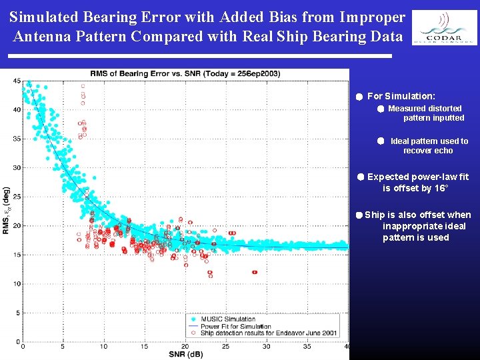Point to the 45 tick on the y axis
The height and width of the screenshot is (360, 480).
tap(17, 81)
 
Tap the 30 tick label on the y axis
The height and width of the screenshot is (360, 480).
tap(17, 167)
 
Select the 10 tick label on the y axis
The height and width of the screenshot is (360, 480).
tap(17, 284)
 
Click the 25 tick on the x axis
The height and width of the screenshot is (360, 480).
tap(225, 346)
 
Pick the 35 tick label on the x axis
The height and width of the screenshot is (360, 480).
tap(307, 346)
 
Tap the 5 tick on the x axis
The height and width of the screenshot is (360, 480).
tap(63, 346)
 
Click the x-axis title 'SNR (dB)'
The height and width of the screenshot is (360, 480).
tap(186, 354)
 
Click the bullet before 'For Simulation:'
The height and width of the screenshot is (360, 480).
tap(359, 97)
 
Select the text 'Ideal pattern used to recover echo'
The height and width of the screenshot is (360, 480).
tap(429, 145)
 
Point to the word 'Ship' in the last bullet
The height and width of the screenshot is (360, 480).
tap(375, 215)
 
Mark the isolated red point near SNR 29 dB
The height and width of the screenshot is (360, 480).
tap(255, 272)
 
